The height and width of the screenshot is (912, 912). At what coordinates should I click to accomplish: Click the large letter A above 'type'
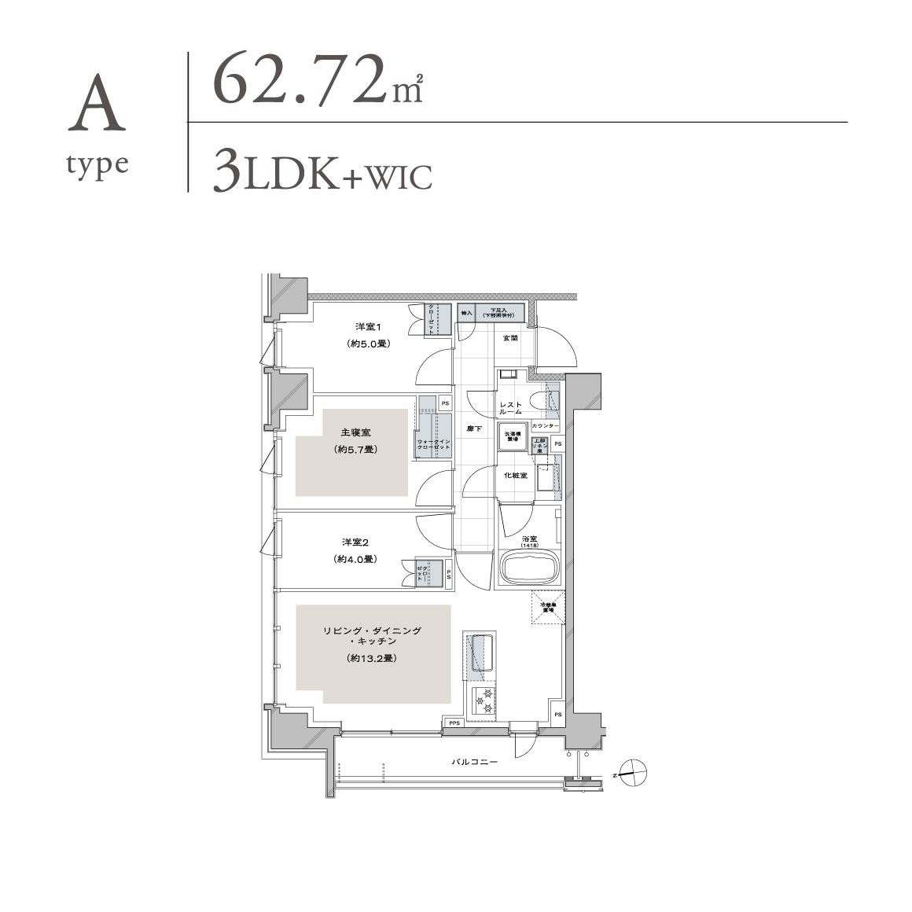coord(97,105)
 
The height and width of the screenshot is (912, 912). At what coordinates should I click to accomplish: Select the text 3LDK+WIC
coord(322,175)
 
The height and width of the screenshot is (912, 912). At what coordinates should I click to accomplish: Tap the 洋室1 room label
coord(368,326)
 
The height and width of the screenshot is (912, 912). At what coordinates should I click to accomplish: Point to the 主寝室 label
coord(355,433)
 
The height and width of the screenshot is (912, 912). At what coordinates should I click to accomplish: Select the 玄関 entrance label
coord(510,338)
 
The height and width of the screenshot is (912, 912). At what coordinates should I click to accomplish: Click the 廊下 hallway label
coord(474,428)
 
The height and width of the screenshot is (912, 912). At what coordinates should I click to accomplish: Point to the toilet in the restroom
coord(540,400)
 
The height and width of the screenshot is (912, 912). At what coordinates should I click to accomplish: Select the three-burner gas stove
coord(480,701)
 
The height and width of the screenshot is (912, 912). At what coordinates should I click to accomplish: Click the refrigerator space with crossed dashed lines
coord(547,607)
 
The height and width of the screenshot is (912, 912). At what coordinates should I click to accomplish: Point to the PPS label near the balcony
coord(454,723)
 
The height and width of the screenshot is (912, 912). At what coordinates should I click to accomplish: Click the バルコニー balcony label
coord(474,762)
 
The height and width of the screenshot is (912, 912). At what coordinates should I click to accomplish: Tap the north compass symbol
coord(631,774)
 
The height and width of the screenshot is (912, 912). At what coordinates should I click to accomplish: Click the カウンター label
coord(546,426)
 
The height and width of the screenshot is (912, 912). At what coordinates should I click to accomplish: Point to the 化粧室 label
coord(515,476)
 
